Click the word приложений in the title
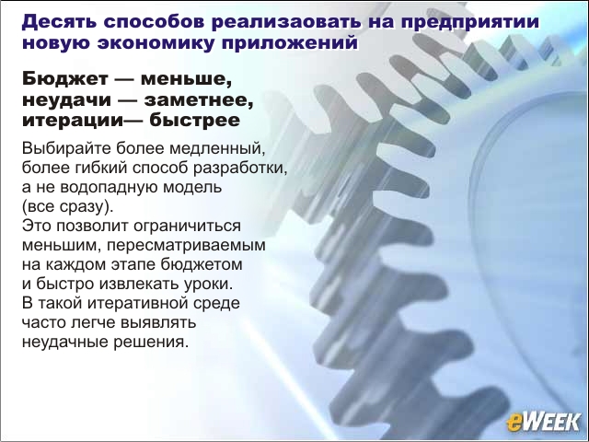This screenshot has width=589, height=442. [x=290, y=43]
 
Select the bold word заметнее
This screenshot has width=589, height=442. [x=199, y=100]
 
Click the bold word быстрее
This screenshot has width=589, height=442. [x=194, y=121]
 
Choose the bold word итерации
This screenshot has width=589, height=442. [x=73, y=121]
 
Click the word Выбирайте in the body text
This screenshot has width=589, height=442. [x=67, y=148]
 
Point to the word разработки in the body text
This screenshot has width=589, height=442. [x=240, y=168]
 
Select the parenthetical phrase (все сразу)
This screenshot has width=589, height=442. [x=67, y=206]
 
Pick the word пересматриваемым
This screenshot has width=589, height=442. [x=186, y=246]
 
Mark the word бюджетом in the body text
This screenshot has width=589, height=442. [x=202, y=264]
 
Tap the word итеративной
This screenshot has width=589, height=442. [x=146, y=303]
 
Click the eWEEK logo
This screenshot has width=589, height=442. [x=544, y=422]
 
